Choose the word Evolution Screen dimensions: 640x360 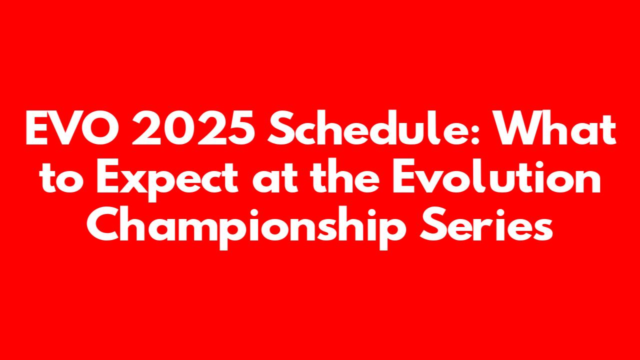click(x=496, y=176)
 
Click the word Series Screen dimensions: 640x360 click(x=486, y=224)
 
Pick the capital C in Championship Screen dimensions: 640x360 click(x=103, y=224)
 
